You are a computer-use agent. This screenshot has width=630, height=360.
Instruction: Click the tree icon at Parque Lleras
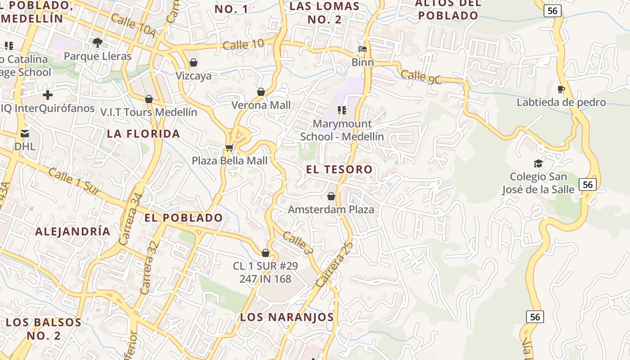tap(97, 43)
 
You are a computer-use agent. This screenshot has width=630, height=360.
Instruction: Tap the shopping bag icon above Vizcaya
tap(193, 62)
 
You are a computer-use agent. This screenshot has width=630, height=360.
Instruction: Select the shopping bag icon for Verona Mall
tap(261, 92)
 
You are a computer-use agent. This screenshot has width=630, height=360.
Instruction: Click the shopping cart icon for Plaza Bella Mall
tap(229, 148)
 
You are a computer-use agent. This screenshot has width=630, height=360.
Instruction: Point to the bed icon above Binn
tap(363, 49)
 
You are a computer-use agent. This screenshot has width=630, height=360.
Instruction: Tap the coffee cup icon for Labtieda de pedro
tap(561, 89)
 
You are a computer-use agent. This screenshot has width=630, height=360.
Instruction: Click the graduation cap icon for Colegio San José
tap(538, 163)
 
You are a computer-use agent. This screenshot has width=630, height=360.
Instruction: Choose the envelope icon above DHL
tap(25, 133)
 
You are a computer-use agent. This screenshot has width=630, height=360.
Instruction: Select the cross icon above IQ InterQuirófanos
tap(47, 95)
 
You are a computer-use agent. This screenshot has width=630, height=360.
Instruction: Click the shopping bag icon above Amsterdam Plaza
tap(331, 196)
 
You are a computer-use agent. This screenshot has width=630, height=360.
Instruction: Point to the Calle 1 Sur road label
tap(74, 181)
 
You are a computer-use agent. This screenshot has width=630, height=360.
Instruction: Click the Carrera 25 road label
tap(334, 264)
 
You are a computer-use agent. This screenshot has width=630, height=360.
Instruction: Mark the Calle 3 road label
tap(297, 243)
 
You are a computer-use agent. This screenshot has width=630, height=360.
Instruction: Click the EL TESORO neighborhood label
tap(339, 170)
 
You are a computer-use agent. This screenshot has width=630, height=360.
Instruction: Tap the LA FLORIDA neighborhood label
tap(144, 134)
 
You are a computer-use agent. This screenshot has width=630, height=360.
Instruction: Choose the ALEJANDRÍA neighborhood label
tap(72, 231)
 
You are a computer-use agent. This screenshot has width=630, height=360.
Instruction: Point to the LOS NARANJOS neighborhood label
tap(287, 317)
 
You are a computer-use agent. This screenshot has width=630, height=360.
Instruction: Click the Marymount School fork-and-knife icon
tap(342, 110)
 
